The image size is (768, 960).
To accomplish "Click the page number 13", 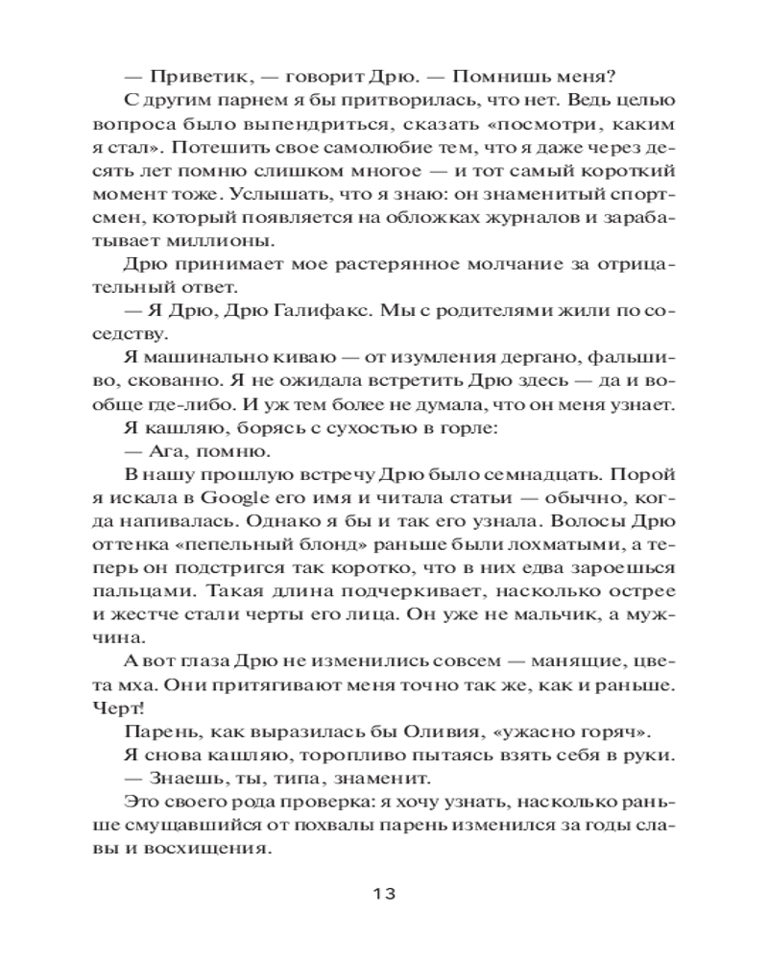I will (383, 894).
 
